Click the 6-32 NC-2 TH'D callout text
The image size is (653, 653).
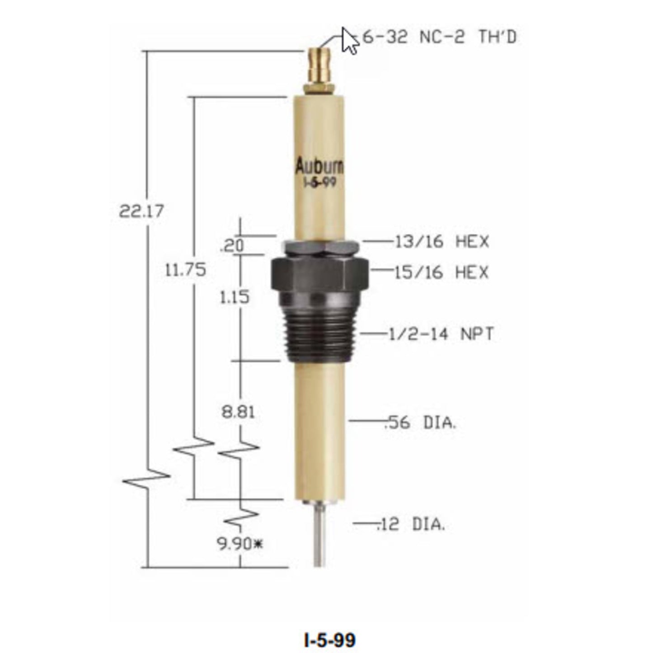(x=439, y=37)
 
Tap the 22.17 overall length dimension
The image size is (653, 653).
(x=141, y=211)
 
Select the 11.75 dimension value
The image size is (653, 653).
(x=185, y=270)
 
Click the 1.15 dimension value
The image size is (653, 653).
(x=235, y=297)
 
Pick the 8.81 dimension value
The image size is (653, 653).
(x=238, y=412)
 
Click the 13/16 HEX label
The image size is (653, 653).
(x=442, y=242)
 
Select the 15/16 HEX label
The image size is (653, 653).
(x=442, y=272)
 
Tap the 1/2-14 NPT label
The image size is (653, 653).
(x=441, y=334)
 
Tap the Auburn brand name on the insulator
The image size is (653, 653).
(x=319, y=167)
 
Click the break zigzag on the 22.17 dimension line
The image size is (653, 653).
(x=147, y=479)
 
